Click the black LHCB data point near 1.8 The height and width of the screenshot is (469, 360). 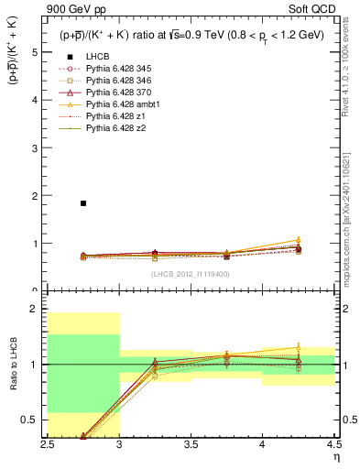pos(83,203)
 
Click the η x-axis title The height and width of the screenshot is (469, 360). pos(335,455)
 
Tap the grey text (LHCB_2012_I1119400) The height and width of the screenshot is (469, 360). pos(191,273)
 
